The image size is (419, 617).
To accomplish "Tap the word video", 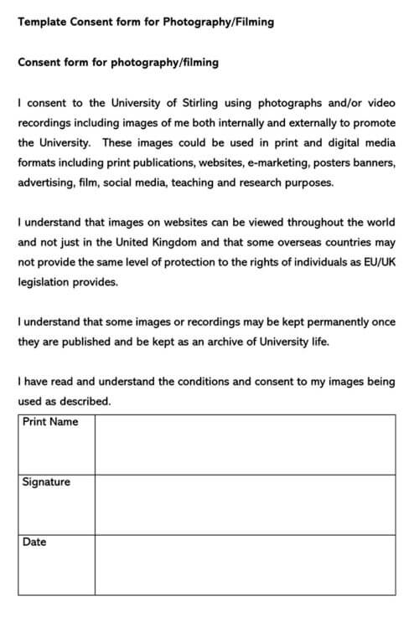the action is tap(379, 103).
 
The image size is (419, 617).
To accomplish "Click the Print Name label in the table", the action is tap(50, 422).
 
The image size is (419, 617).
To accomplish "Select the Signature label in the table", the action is tap(47, 482).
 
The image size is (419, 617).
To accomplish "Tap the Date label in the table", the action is tap(35, 542).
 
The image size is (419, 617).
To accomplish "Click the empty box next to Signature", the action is tap(245, 505).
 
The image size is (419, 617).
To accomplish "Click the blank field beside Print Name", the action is tap(245, 445).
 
